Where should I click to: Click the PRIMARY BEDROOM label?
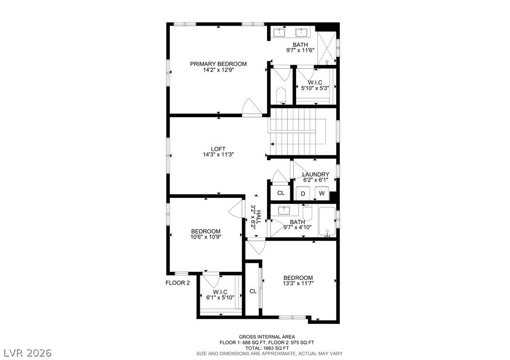[218, 64]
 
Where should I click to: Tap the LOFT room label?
[218, 149]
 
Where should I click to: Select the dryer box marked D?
[303, 194]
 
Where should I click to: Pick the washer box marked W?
[322, 193]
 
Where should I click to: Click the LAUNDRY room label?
[315, 174]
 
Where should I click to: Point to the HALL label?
[259, 217]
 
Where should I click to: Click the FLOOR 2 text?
[178, 283]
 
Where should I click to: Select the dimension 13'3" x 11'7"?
[298, 283]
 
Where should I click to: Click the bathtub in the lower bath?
[327, 222]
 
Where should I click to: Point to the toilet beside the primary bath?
[280, 95]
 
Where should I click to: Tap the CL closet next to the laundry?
[281, 193]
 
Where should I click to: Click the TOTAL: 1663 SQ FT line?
[267, 348]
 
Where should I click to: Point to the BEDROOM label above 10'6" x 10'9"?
[206, 232]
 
